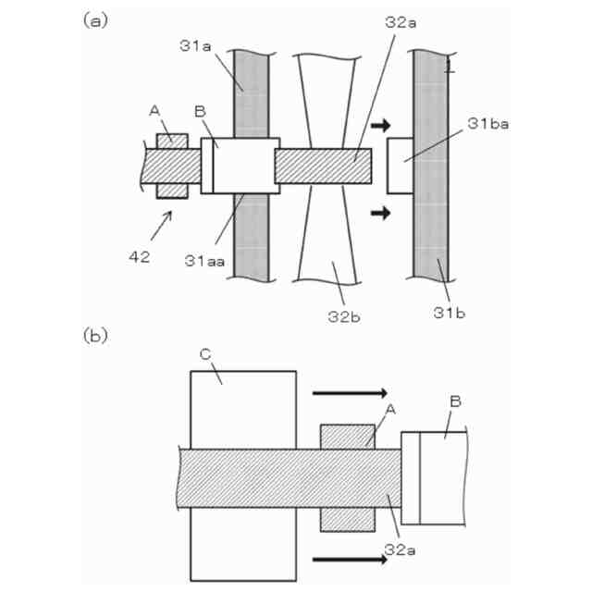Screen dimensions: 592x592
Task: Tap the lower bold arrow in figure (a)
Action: (379, 213)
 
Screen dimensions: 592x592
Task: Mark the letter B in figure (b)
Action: (454, 401)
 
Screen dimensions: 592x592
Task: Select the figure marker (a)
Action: (94, 19)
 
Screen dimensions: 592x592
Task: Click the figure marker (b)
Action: (94, 333)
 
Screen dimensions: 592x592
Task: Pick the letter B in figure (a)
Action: (199, 110)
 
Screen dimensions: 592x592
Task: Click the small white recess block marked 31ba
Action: (400, 166)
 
